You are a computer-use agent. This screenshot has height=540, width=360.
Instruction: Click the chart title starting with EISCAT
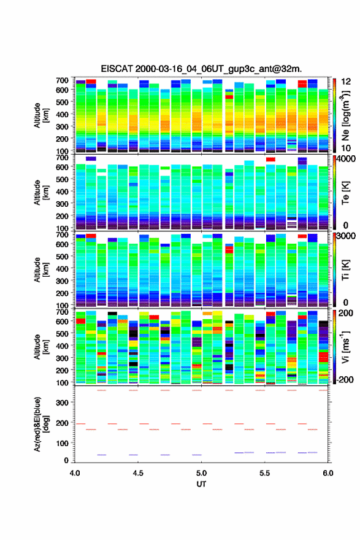(x=201, y=69)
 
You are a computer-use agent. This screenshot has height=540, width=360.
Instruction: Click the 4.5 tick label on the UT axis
(x=138, y=473)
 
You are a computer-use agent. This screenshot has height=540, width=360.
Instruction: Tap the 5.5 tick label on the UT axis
(x=265, y=473)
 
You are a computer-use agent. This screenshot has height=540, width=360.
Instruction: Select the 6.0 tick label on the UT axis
(x=328, y=473)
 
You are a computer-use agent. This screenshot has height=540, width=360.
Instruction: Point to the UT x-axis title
(x=201, y=484)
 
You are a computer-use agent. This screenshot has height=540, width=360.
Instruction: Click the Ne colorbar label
(x=347, y=116)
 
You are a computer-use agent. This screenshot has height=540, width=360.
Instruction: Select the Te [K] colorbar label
(x=345, y=193)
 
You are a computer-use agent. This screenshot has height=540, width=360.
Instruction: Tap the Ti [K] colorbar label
(x=345, y=271)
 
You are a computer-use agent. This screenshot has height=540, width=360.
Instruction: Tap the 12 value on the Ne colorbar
(x=346, y=81)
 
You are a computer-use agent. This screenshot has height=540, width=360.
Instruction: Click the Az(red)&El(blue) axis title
(x=41, y=424)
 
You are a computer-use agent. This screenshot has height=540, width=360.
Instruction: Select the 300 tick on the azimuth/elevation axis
(x=62, y=403)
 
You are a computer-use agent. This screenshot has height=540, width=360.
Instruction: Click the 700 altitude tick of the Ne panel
(x=62, y=80)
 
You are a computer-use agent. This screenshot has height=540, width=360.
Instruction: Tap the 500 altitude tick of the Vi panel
(x=62, y=333)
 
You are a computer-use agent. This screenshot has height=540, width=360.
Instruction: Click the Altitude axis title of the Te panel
(x=41, y=193)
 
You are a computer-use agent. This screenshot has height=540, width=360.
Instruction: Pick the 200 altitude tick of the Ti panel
(x=62, y=293)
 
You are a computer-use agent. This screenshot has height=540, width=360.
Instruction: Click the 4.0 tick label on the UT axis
(x=75, y=473)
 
